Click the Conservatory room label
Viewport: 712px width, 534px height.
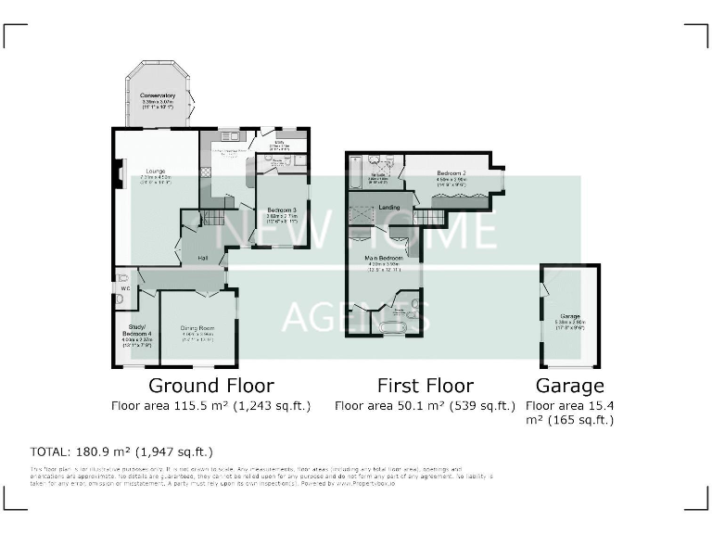[x=158, y=95]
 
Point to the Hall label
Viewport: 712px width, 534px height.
[x=202, y=260]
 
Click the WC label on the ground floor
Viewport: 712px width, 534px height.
[x=122, y=289]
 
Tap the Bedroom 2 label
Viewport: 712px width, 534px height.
[x=451, y=173]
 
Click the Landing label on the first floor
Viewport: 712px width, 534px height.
[x=388, y=208]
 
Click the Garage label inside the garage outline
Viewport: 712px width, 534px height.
[x=570, y=316]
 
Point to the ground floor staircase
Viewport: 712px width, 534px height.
[x=214, y=218]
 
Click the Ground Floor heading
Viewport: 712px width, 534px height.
[x=211, y=386]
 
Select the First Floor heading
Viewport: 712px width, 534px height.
[x=425, y=386]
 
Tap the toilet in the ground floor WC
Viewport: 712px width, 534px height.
[x=123, y=276]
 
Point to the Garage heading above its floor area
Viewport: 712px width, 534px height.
[x=570, y=386]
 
